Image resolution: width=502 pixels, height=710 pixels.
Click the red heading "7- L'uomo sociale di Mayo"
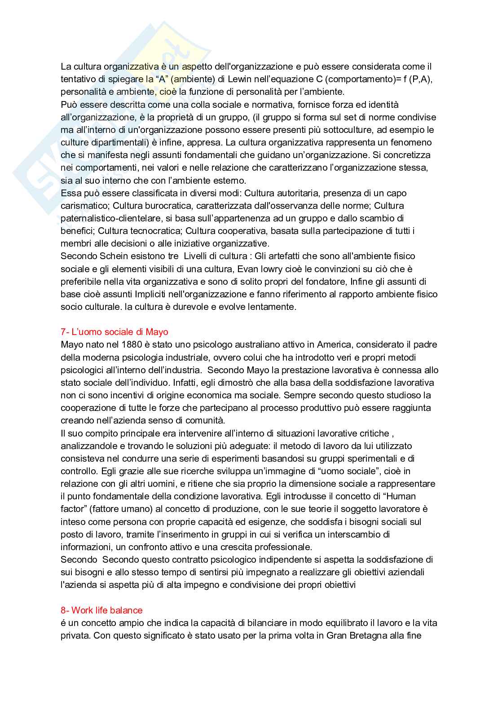click(114, 332)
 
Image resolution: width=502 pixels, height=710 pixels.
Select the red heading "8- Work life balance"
click(101, 610)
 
